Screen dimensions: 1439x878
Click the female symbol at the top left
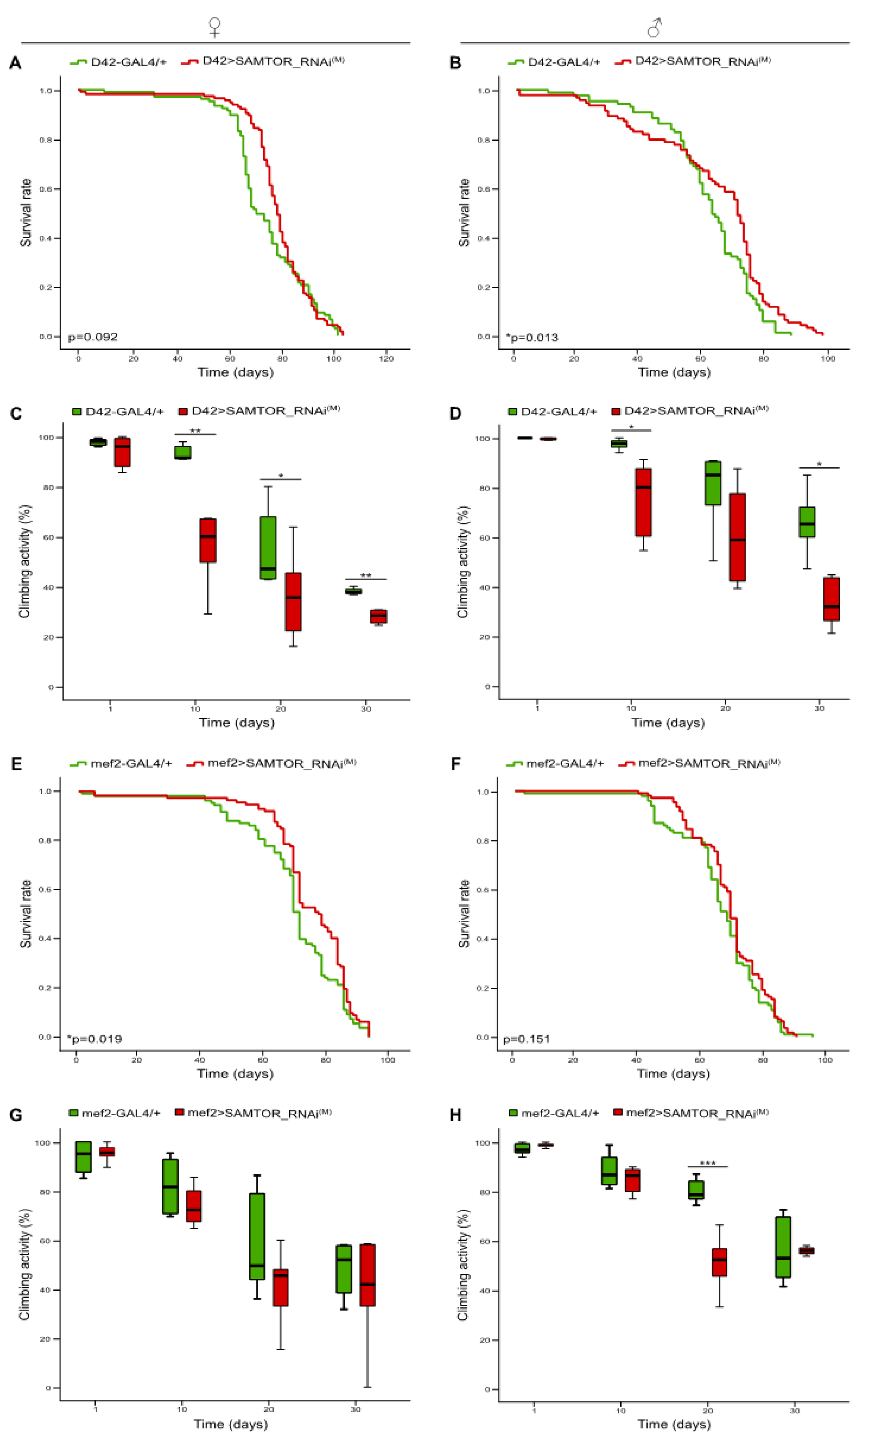point(214,27)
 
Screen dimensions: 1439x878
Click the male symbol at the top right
point(654,27)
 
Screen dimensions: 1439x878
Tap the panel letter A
point(15,63)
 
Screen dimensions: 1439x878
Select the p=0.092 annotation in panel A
point(93,337)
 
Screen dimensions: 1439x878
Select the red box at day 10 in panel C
point(208,540)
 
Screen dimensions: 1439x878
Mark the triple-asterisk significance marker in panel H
point(708,1163)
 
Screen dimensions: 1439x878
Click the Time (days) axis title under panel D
point(668,723)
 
